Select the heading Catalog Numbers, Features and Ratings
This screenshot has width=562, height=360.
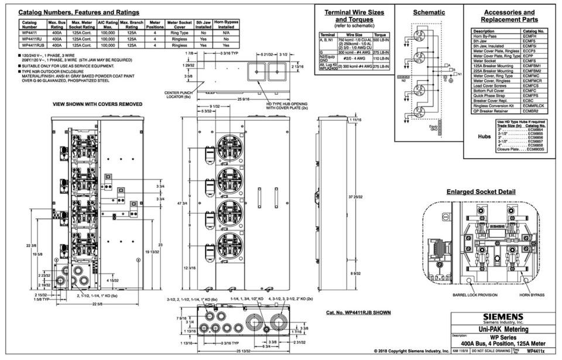(79, 12)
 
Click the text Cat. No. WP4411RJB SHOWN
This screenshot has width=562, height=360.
(358, 313)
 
